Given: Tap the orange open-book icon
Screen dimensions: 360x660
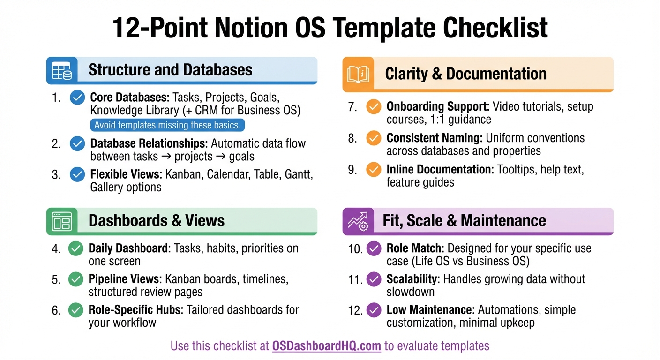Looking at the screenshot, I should [358, 74].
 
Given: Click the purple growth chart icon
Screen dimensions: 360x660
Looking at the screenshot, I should [358, 221].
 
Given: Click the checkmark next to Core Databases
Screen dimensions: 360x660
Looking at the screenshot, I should [77, 97].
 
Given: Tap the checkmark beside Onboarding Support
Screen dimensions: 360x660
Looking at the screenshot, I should [374, 107].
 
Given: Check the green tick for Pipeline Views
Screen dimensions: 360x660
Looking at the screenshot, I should [75, 279].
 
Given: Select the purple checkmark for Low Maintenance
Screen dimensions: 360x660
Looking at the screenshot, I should [374, 310].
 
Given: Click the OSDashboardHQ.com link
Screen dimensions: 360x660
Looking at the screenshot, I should [326, 346].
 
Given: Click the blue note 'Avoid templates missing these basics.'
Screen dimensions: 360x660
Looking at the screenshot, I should [167, 125].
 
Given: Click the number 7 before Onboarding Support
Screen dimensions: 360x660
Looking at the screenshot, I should [352, 107].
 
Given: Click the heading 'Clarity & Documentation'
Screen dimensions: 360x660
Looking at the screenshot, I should [465, 74].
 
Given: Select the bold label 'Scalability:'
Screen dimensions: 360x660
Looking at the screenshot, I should [413, 279].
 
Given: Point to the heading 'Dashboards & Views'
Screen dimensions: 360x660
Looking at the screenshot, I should [157, 221].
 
